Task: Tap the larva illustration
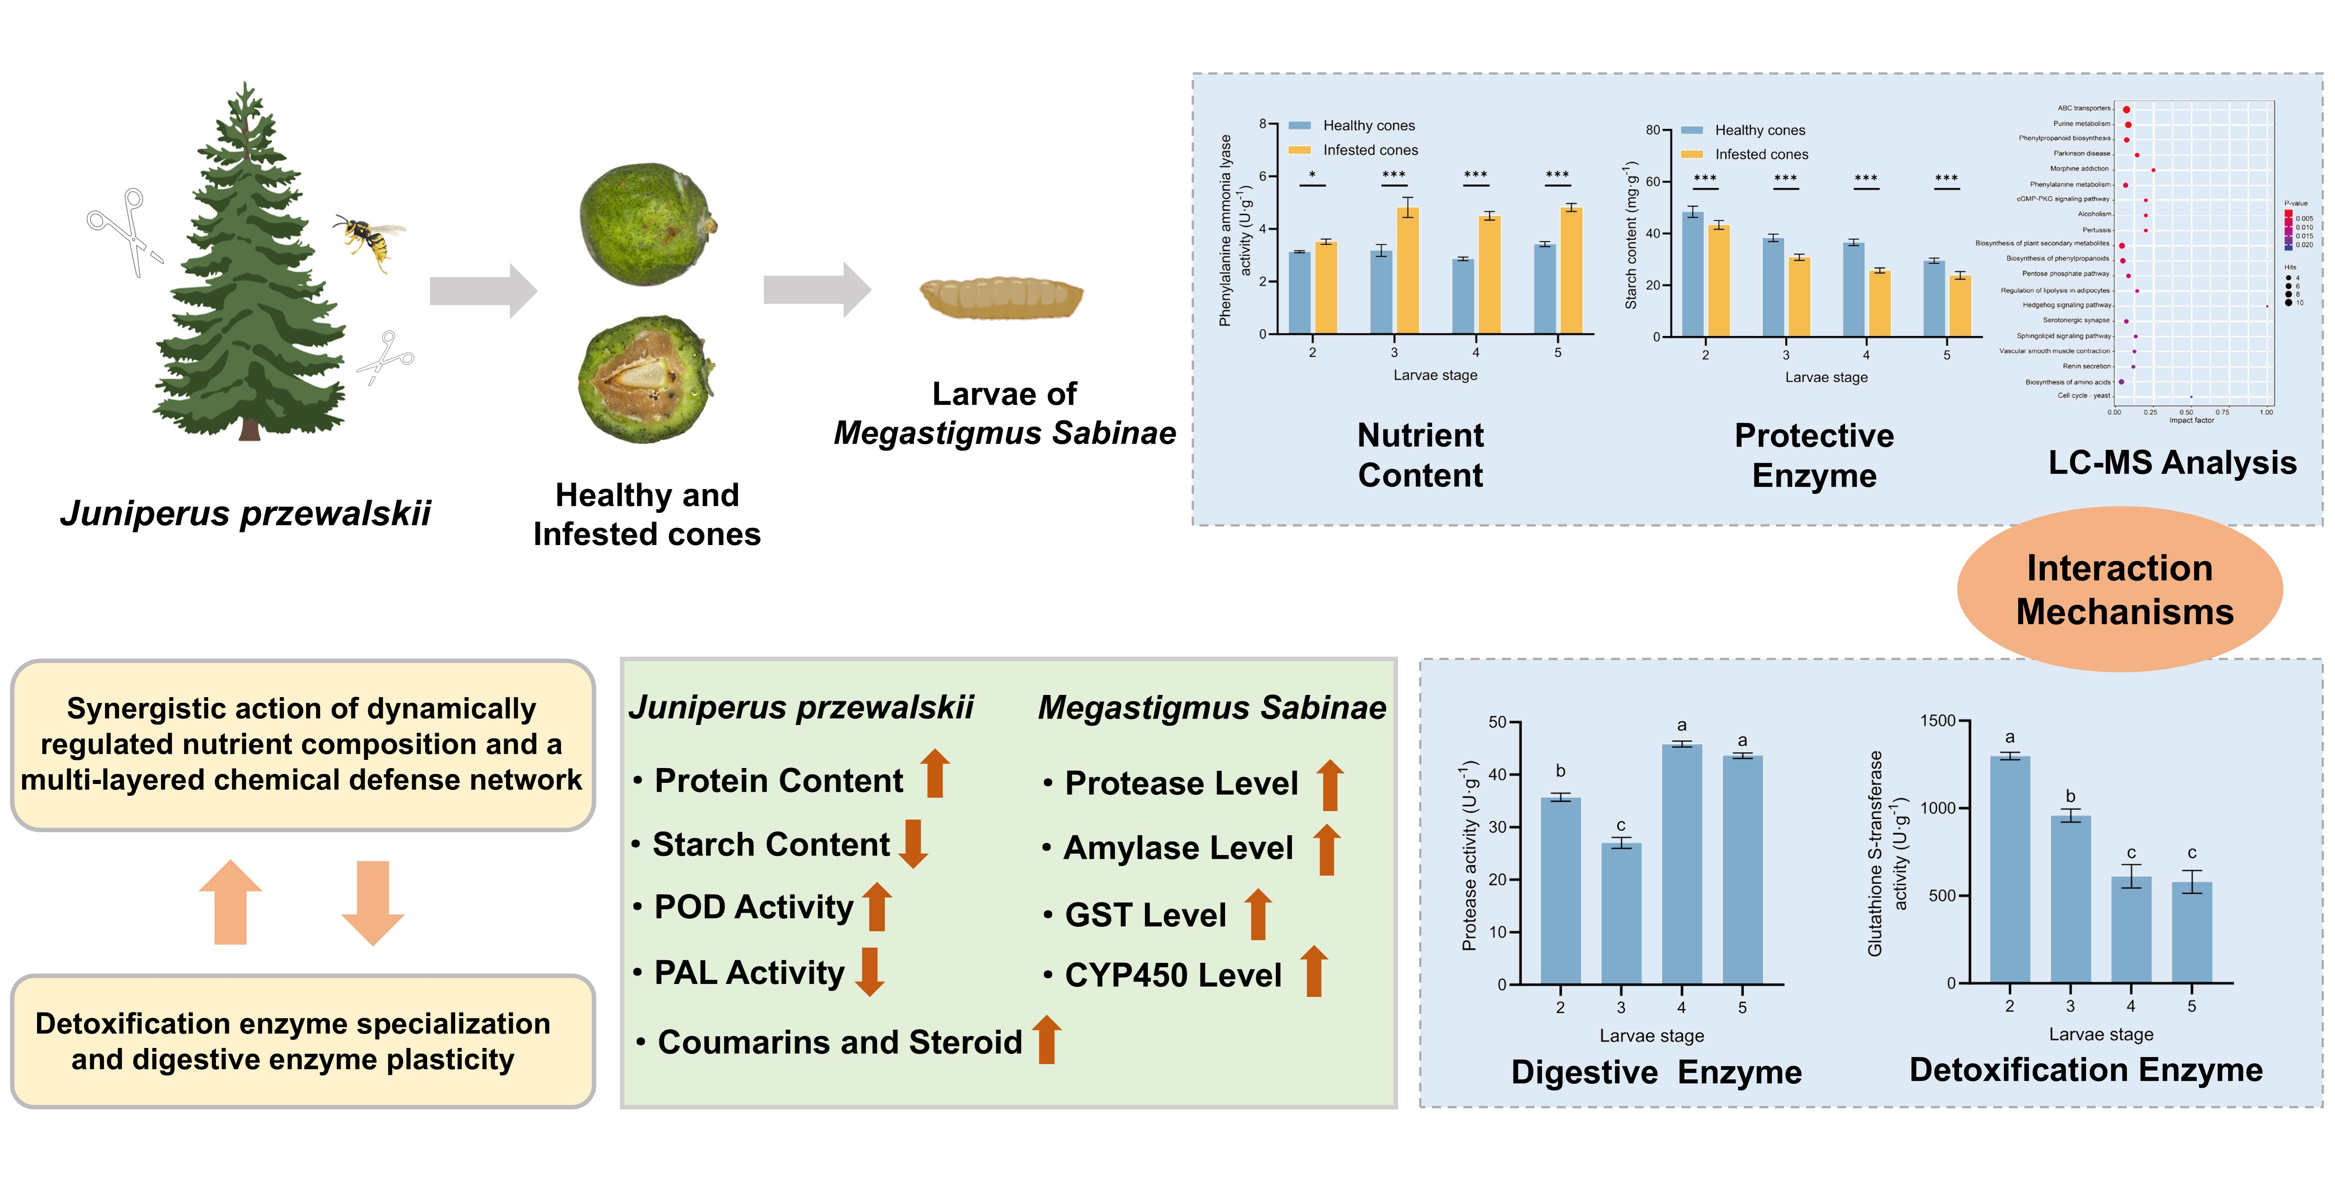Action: pyautogui.click(x=1002, y=297)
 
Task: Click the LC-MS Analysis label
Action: pyautogui.click(x=2172, y=463)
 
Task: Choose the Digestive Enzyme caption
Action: pyautogui.click(x=1656, y=1072)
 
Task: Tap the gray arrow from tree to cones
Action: pyautogui.click(x=483, y=291)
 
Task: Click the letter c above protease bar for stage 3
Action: pyautogui.click(x=1621, y=826)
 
